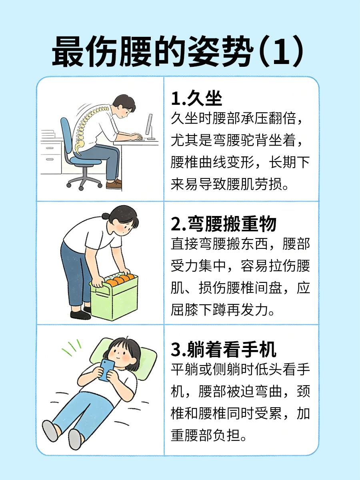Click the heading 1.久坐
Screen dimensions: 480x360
pyautogui.click(x=196, y=98)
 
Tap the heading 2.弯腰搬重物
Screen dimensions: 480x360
pyautogui.click(x=224, y=224)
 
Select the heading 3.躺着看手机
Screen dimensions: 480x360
pyautogui.click(x=224, y=350)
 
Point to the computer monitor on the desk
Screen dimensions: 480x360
pyautogui.click(x=149, y=126)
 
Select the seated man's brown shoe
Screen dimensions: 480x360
pyautogui.click(x=114, y=184)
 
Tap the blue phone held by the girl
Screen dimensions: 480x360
pyautogui.click(x=106, y=369)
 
